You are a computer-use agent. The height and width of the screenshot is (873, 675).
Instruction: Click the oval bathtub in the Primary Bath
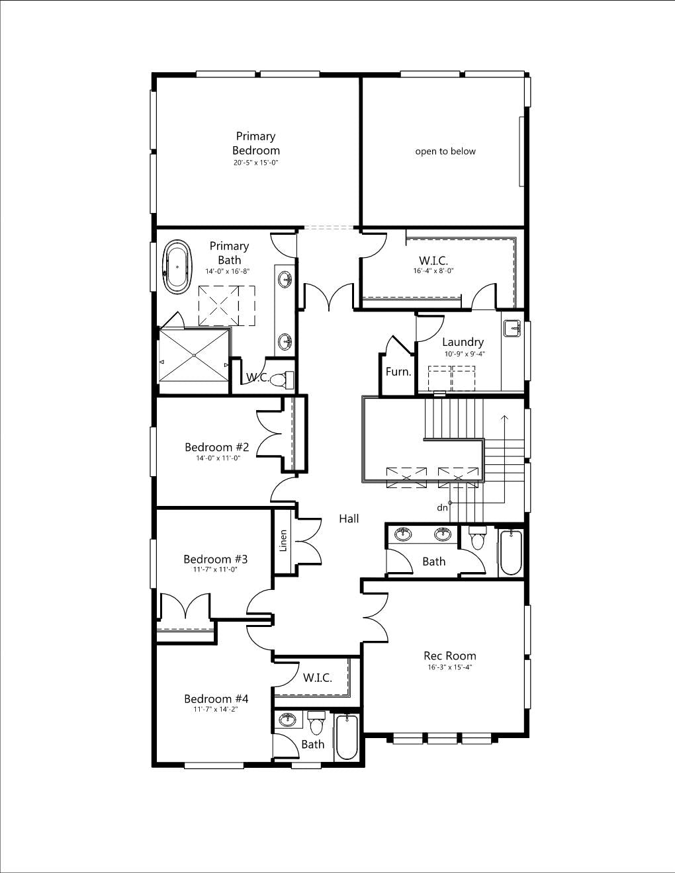pyautogui.click(x=178, y=267)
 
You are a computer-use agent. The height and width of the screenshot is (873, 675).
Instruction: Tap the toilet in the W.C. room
pyautogui.click(x=281, y=379)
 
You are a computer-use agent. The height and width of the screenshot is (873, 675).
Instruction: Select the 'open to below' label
pyautogui.click(x=445, y=151)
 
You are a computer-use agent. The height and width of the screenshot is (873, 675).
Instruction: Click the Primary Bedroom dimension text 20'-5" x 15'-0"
pyautogui.click(x=256, y=163)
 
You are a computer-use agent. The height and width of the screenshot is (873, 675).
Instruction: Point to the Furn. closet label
pyautogui.click(x=398, y=372)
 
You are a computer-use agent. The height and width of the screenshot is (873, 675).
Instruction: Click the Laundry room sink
pyautogui.click(x=513, y=328)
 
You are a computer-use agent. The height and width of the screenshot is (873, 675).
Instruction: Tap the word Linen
pyautogui.click(x=283, y=540)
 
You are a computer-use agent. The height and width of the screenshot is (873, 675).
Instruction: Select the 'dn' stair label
pyautogui.click(x=442, y=508)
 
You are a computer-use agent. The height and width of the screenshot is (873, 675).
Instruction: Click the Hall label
pyautogui.click(x=349, y=519)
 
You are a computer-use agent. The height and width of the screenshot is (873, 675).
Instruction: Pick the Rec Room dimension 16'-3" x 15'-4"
pyautogui.click(x=449, y=667)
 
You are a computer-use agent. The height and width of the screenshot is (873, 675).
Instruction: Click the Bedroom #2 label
pyautogui.click(x=216, y=446)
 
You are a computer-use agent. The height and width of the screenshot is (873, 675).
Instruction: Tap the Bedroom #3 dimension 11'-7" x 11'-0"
pyautogui.click(x=216, y=569)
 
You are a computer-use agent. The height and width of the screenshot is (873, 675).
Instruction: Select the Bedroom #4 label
pyautogui.click(x=216, y=698)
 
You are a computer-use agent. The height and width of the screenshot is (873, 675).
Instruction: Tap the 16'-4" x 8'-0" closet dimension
pyautogui.click(x=433, y=270)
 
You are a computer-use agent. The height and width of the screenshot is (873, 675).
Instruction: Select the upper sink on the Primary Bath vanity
pyautogui.click(x=286, y=278)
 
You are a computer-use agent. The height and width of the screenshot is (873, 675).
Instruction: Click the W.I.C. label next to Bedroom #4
pyautogui.click(x=317, y=678)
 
